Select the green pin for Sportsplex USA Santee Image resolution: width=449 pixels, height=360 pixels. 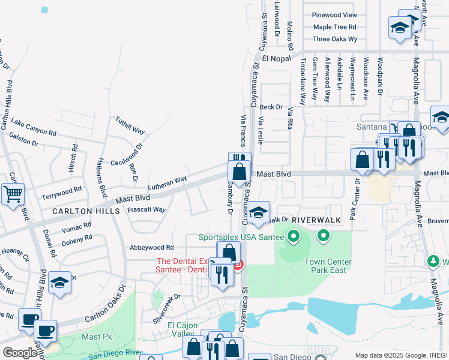293,236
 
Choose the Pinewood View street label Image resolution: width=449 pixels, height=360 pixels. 334,15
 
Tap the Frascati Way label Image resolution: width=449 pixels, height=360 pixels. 146,210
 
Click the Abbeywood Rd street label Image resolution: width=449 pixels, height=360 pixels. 151,247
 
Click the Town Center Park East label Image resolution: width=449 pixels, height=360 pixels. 328,266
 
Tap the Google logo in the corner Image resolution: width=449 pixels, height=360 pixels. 20,352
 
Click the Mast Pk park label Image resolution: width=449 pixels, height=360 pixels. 97,337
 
